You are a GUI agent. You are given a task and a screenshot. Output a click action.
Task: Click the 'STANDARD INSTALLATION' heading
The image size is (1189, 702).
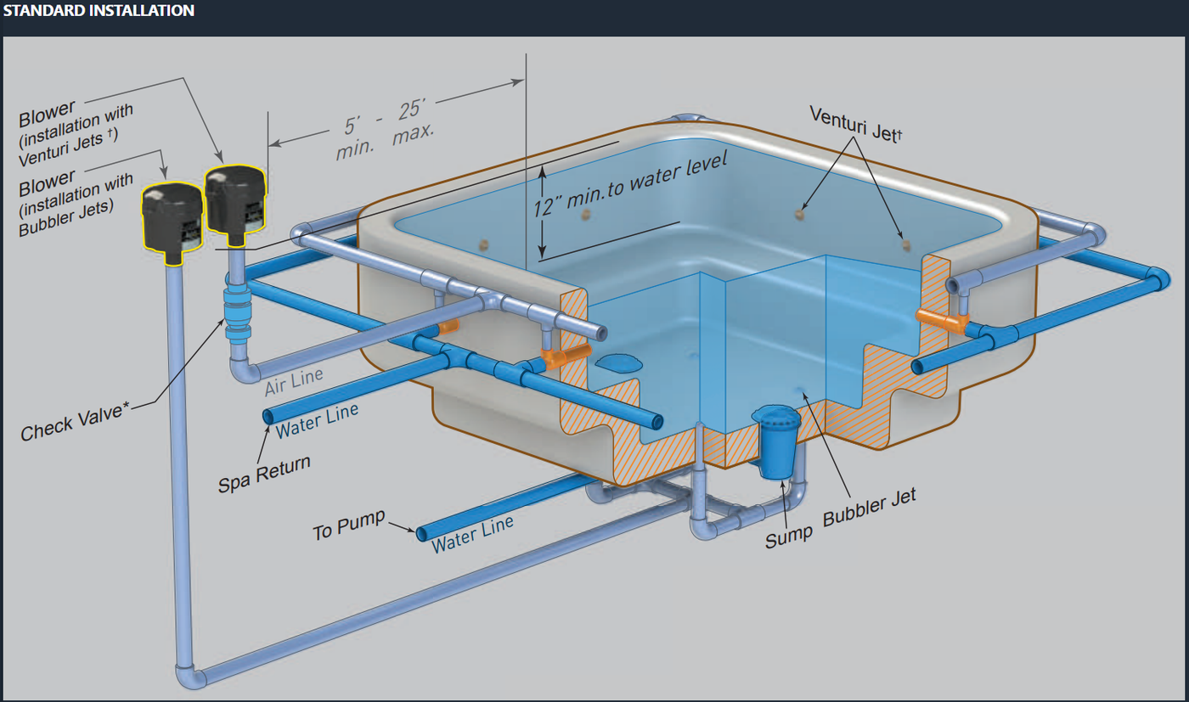click(99, 11)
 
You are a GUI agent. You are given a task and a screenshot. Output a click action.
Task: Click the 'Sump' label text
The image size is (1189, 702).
click(789, 533)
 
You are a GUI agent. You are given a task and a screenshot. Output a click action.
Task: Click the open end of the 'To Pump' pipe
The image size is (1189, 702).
click(422, 533)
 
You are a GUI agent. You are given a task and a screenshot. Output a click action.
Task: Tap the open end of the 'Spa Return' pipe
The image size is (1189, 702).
click(268, 416)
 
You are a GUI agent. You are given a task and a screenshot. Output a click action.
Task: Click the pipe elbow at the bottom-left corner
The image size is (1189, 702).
click(189, 677)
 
